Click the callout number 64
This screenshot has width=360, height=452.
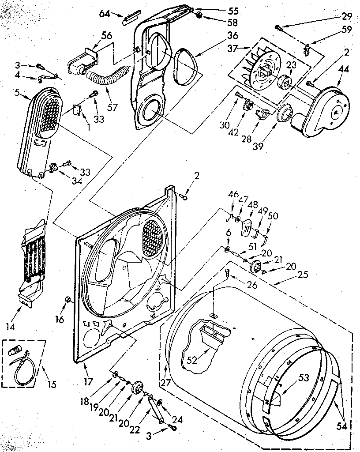pyautogui.click(x=105, y=14)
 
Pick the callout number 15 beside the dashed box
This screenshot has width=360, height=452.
pyautogui.click(x=52, y=384)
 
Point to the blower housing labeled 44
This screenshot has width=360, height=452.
pyautogui.click(x=326, y=108)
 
